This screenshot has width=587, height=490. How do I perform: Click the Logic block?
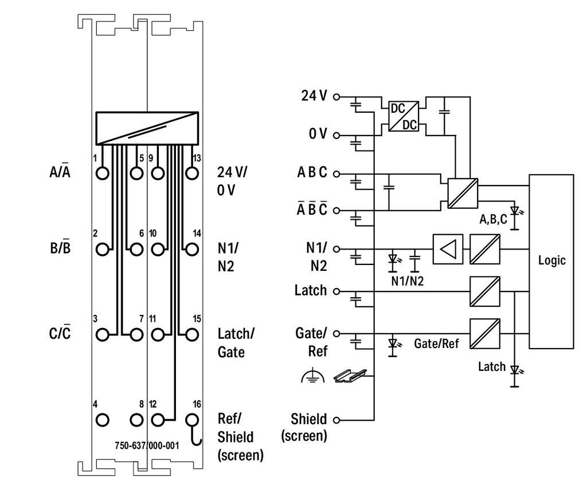pyautogui.click(x=551, y=261)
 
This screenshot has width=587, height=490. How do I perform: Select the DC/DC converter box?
pyautogui.click(x=404, y=116)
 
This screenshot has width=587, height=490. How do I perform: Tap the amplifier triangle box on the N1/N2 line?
pyautogui.click(x=448, y=250)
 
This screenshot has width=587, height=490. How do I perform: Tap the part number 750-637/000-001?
pyautogui.click(x=147, y=445)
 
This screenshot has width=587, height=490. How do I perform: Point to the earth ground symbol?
pyautogui.click(x=312, y=376)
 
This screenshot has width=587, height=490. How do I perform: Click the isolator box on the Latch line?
pyautogui.click(x=485, y=291)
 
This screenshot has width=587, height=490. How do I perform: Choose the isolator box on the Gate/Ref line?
pyautogui.click(x=485, y=334)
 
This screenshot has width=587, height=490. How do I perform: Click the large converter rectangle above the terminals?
pyautogui.click(x=147, y=128)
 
